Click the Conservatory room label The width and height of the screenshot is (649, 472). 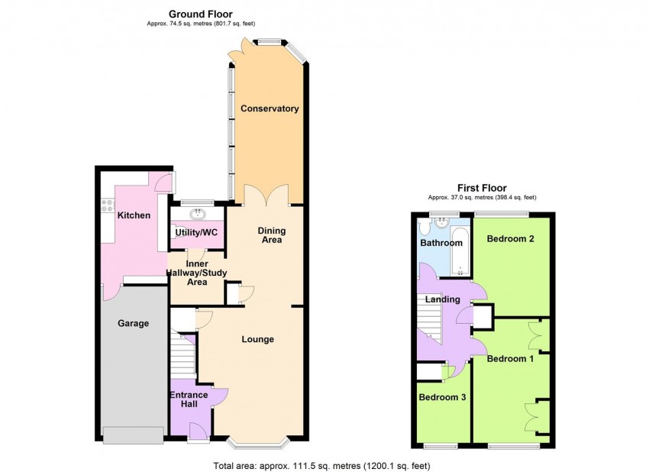pos(270,108)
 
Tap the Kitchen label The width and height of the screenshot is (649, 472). pos(133,215)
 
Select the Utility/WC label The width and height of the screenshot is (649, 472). pos(197,231)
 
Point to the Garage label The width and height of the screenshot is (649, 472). pos(133,323)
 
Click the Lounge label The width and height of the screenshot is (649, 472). pos(258,339)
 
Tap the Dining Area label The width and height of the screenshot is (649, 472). pos(270,234)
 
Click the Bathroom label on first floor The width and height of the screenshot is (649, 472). pos(441,243)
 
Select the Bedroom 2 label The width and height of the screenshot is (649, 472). pos(510,239)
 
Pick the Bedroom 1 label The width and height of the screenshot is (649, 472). pos(510,358)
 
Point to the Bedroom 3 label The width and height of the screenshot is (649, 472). pos(442,397)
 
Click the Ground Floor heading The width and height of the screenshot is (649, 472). pos(200,14)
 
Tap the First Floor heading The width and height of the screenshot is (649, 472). pos(482,188)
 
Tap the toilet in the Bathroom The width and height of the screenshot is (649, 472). pos(425,225)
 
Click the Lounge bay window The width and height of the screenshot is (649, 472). pos(259,443)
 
